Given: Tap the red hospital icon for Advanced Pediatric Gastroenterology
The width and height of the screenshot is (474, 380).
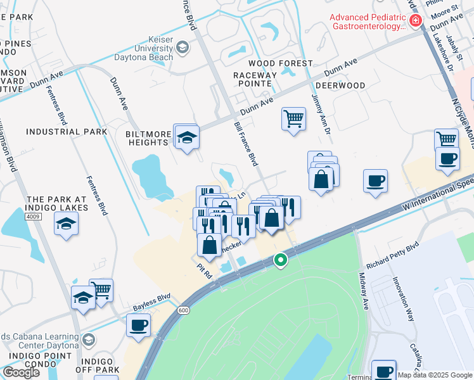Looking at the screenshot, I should click(x=416, y=21).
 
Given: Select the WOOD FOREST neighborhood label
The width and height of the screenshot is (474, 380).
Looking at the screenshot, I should click(x=280, y=63).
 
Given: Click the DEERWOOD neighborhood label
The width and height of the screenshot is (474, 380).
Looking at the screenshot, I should click(x=340, y=85).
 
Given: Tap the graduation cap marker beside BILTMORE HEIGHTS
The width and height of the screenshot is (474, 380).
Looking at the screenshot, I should click(x=187, y=137).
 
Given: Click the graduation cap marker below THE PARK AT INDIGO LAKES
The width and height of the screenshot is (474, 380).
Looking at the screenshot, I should click(x=67, y=224).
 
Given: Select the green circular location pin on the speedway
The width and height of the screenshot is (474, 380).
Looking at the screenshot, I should click(x=280, y=260).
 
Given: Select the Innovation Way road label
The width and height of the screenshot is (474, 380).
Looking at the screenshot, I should click(x=401, y=292).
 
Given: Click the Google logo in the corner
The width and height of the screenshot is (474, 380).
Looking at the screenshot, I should click(x=22, y=372).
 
